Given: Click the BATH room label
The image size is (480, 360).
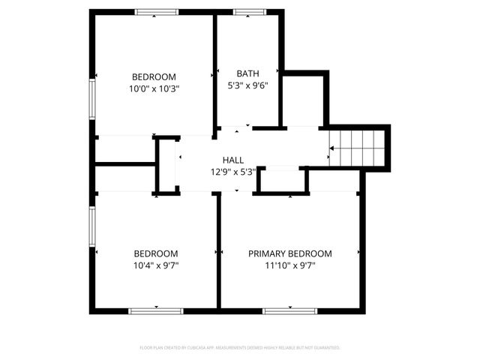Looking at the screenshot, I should click(247, 73).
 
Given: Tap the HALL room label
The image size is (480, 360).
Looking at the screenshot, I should click(232, 160).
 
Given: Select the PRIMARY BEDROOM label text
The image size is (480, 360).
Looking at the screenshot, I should click(289, 253).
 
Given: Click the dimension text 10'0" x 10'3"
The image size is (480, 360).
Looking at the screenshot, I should click(154, 88).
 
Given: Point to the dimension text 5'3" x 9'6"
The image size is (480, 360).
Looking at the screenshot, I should click(247, 85).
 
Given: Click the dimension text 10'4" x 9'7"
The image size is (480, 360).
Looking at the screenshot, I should click(156, 265).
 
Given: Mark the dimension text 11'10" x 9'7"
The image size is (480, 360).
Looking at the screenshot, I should click(289, 265).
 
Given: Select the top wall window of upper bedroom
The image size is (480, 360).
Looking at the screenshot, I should click(156, 12).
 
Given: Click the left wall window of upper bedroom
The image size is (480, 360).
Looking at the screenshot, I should click(92, 98).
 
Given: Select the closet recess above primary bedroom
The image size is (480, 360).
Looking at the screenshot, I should click(282, 181).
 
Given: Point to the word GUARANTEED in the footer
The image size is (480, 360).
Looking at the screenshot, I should click(327, 348).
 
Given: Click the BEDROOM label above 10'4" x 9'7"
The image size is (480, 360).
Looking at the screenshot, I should click(156, 253).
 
